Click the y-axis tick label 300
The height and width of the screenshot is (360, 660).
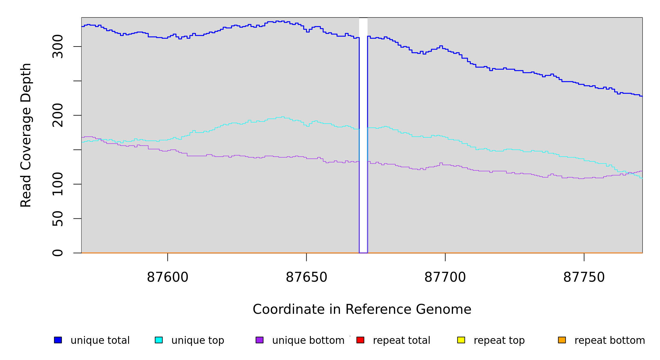[58, 46]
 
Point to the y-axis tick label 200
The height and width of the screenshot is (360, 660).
[58, 115]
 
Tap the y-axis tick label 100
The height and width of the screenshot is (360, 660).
[58, 184]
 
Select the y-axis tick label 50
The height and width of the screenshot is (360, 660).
[58, 218]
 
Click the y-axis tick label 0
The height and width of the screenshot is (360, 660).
[58, 253]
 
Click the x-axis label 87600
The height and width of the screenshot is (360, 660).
[167, 277]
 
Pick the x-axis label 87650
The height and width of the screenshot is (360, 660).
[306, 277]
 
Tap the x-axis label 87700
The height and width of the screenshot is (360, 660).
[445, 277]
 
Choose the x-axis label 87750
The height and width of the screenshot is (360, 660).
[584, 277]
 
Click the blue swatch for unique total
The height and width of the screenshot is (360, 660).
[58, 340]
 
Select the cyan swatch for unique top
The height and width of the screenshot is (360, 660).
[159, 340]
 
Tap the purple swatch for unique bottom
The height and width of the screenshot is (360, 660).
[259, 340]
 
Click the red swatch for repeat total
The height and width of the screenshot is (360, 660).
[360, 340]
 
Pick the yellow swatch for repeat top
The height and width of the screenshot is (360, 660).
[461, 340]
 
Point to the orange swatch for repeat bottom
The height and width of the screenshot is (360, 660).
[562, 340]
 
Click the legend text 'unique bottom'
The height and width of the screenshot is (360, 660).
[308, 340]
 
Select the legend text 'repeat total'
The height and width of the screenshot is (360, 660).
[401, 340]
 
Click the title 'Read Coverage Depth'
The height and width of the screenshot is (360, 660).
[26, 135]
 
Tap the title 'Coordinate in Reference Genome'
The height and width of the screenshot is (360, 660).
[362, 309]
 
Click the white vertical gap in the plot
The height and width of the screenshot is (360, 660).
[363, 135]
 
